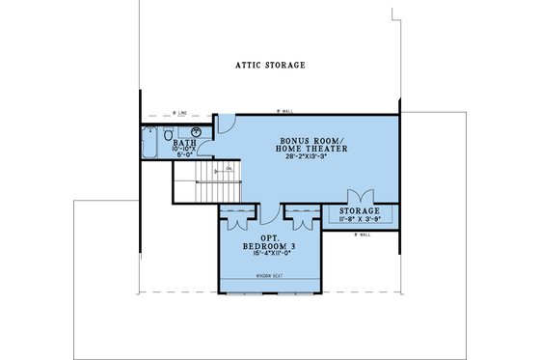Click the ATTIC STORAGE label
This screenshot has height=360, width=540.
tap(270, 66)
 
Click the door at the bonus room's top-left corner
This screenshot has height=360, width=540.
tap(223, 124)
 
